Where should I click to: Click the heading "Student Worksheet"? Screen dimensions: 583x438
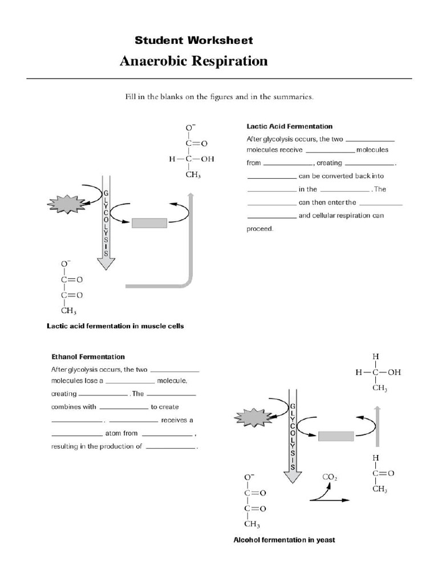tap(193, 40)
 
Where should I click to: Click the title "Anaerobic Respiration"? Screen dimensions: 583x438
tap(193, 61)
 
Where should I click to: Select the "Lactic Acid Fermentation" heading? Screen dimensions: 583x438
tap(289, 126)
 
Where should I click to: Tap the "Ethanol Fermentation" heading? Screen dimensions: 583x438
tap(88, 357)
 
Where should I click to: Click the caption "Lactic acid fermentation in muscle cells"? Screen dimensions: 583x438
tap(115, 327)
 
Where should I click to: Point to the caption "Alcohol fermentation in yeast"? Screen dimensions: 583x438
tap(284, 540)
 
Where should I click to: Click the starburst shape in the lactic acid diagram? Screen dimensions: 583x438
tap(67, 203)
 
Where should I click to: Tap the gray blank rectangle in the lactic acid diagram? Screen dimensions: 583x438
tap(149, 223)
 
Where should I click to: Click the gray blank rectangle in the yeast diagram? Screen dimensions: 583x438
tap(336, 436)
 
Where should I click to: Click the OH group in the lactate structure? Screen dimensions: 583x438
tap(200, 159)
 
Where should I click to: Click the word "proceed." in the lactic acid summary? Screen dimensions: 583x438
tap(260, 229)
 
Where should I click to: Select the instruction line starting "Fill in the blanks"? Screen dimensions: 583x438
tap(219, 97)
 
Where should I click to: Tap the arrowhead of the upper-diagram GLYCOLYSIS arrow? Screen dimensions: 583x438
tap(106, 263)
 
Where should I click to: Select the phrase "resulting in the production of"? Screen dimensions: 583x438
tap(96, 446)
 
